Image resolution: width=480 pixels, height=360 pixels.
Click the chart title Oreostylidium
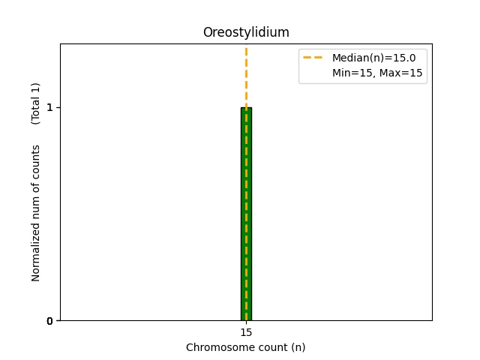246,32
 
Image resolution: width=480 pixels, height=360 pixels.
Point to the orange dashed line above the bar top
246,75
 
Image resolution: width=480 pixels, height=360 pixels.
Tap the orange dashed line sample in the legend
313,58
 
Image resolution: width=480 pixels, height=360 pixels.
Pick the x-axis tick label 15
246,332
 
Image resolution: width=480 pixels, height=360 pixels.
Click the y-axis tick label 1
49,107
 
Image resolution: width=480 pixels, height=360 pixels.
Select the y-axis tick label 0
49,321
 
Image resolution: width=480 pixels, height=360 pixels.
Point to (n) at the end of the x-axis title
298,347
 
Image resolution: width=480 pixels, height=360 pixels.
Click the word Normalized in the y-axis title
36,253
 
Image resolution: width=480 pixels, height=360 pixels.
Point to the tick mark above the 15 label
246,322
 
